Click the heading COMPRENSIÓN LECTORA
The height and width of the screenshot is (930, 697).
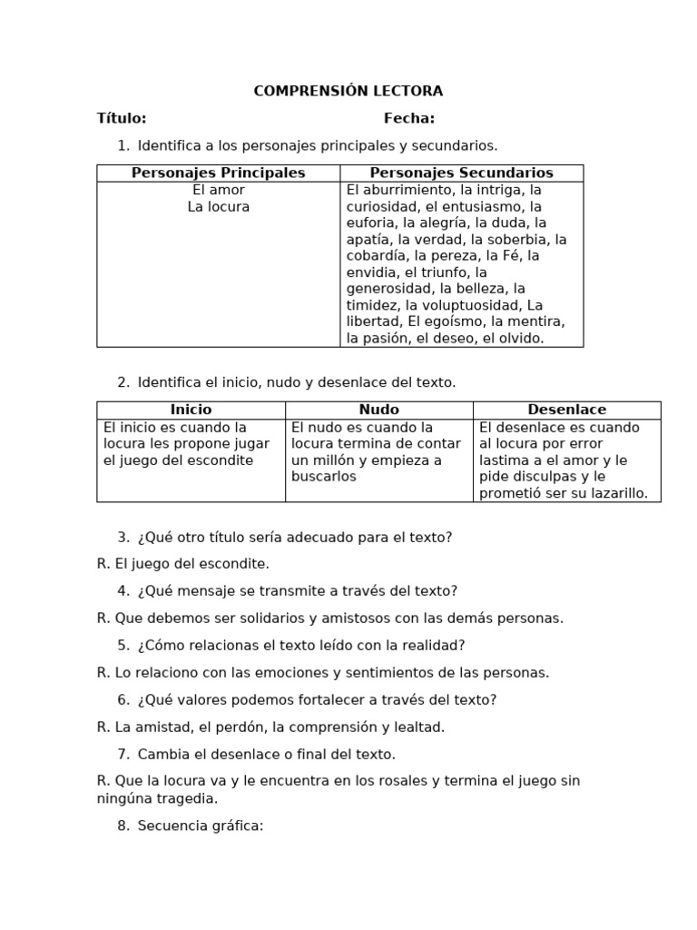click(348, 91)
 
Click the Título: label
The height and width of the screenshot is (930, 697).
click(122, 118)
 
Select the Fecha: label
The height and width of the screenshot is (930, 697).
click(409, 118)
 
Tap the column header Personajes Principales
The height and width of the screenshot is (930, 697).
click(218, 173)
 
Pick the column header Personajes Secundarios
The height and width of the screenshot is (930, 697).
click(461, 173)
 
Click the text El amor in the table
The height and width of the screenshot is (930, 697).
click(218, 190)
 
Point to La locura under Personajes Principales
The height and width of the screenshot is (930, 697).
click(218, 206)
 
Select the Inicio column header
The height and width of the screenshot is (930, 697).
click(191, 410)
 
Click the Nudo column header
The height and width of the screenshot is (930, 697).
click(378, 410)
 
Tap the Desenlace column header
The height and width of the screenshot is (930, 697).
click(566, 410)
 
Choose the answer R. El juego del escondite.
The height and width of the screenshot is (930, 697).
click(183, 564)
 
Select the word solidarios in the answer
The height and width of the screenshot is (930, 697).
click(271, 618)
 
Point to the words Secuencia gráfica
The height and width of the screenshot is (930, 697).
click(200, 826)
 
